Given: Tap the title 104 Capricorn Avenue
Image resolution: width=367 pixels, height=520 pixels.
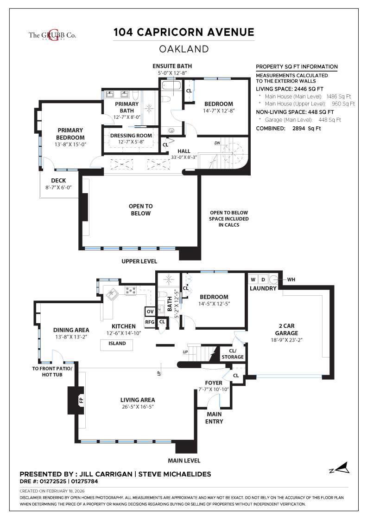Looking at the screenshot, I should click(x=184, y=32).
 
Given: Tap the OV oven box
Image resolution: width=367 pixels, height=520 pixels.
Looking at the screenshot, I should click(x=150, y=312).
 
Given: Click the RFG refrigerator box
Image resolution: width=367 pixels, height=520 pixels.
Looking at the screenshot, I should click(x=150, y=321).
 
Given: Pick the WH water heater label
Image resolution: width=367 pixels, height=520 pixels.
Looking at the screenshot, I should click(x=291, y=279).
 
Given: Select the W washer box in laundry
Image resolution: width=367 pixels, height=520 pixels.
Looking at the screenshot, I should click(x=253, y=279).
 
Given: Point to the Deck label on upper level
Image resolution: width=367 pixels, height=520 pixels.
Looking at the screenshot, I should click(x=58, y=181).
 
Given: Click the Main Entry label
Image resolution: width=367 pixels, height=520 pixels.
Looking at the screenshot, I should click(x=214, y=417).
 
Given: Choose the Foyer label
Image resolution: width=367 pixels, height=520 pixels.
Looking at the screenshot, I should click(x=214, y=383).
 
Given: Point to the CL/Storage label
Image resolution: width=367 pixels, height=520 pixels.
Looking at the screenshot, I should click(x=232, y=354).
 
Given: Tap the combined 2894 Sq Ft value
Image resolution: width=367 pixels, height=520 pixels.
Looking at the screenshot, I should click(x=306, y=129).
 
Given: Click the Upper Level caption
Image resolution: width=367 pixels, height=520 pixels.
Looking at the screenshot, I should click(x=139, y=261).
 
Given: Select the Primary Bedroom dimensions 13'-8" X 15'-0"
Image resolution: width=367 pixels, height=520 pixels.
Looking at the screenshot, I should click(x=70, y=144).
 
